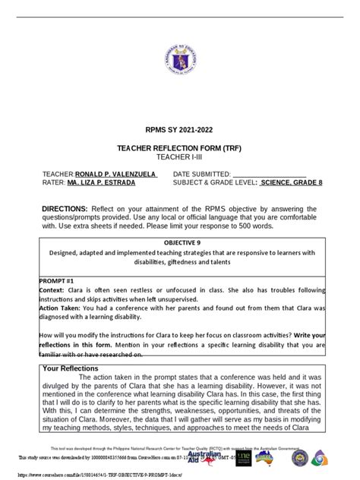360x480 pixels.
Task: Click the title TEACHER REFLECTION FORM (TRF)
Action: [180, 152]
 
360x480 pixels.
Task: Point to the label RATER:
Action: [53, 182]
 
